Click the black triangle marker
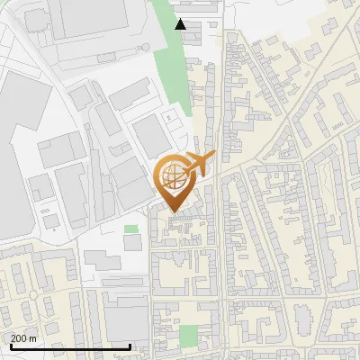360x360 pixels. pyautogui.click(x=181, y=24)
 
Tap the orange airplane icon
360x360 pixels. pyautogui.click(x=201, y=164)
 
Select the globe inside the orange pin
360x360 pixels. pyautogui.click(x=173, y=177)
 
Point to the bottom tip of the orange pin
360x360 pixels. pyautogui.click(x=173, y=211)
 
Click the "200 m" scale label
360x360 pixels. pyautogui.click(x=23, y=338)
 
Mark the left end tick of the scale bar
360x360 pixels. pyautogui.click(x=10, y=346)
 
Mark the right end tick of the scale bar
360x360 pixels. pyautogui.click(x=131, y=346)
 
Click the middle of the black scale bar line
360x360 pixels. pyautogui.click(x=70, y=346)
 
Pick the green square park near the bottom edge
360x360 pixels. pyautogui.click(x=187, y=337)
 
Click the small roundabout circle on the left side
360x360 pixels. pyautogui.click(x=32, y=295)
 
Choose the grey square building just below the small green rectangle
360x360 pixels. pyautogui.click(x=132, y=243)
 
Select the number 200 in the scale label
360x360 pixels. pyautogui.click(x=19, y=338)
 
